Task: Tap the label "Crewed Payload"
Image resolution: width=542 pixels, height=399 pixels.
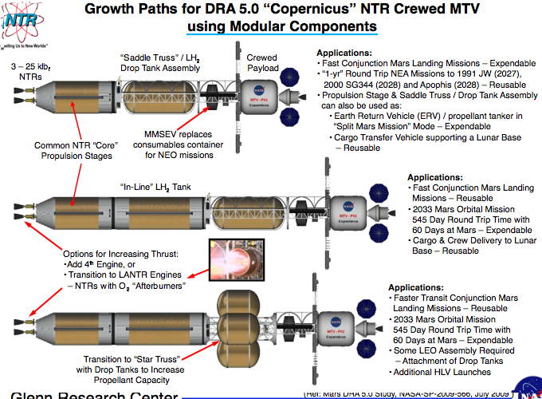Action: click(261, 63)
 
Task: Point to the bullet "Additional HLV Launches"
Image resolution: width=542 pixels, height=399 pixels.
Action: click(441, 372)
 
